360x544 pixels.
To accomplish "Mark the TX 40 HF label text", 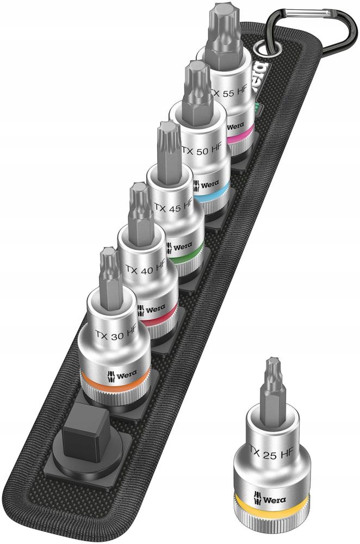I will coord(145,269).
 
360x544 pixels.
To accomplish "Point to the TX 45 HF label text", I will coord(173,207).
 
